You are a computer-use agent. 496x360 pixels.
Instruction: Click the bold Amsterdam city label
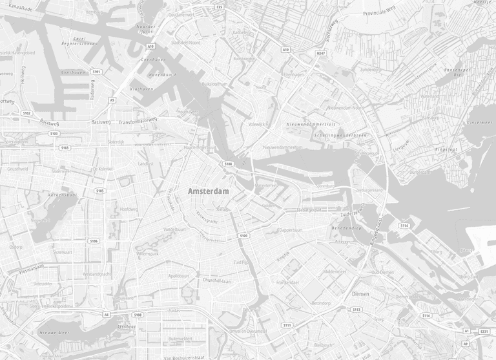pos(208,192)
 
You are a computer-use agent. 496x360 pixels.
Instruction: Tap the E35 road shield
pos(220,7)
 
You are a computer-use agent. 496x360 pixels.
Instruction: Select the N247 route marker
pos(320,53)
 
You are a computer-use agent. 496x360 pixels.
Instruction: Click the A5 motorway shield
pos(112,100)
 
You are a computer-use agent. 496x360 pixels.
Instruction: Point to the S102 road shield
pos(26,113)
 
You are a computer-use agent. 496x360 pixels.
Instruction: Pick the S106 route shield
pos(94,241)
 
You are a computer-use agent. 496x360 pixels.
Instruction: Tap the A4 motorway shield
pos(107,315)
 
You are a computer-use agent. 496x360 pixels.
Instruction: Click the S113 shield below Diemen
pos(356,310)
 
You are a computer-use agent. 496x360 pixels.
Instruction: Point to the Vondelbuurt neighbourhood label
pos(174,229)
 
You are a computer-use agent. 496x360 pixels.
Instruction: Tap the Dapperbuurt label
pos(290,229)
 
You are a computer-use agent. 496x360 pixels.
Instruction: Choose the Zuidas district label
pos(174,311)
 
